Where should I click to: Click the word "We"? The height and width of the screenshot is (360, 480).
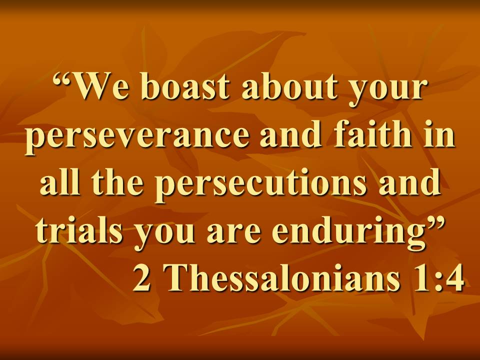(x=98, y=86)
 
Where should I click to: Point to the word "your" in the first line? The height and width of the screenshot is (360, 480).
(x=385, y=91)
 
